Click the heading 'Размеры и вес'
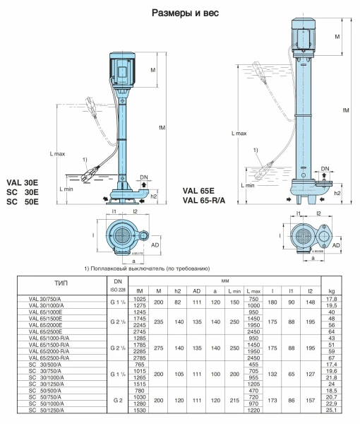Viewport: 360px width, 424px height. coord(185,13)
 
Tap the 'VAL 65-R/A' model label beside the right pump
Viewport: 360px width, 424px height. coord(204,201)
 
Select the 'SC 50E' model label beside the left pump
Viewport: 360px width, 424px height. coord(23,201)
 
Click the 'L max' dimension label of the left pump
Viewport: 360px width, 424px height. coord(57,154)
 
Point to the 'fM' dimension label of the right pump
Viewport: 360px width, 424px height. coord(346,110)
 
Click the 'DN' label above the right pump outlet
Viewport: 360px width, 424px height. coord(325,168)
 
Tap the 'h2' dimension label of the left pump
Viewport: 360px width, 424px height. coord(153,196)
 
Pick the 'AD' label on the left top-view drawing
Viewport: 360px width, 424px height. coord(155,245)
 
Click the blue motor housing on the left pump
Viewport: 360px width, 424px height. coord(122,69)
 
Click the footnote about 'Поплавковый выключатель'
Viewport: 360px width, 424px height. coord(147,269)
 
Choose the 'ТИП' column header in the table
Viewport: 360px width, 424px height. coord(61,283)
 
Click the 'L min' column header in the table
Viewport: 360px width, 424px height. coord(234,291)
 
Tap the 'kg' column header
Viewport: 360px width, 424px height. coord(332,291)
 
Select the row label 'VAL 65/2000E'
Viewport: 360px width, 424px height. coord(45,325)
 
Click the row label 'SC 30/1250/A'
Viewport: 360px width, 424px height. coord(46,384)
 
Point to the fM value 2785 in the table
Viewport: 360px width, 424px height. coord(140,358)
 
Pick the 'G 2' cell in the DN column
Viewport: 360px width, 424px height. coord(118,401)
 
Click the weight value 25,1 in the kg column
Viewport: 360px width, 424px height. coord(332,410)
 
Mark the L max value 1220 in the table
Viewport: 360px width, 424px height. coord(253,410)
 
